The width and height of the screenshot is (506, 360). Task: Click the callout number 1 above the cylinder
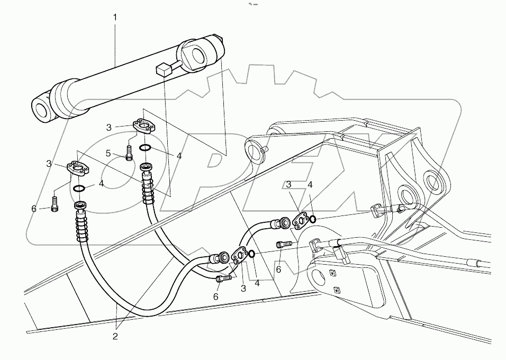[115, 17]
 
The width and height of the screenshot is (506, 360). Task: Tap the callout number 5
[108, 154]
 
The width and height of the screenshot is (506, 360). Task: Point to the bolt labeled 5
[129, 152]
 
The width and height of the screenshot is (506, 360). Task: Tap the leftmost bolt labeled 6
[54, 203]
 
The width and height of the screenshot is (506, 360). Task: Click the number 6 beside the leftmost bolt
[34, 209]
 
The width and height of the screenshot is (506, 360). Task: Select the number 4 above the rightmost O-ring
[310, 185]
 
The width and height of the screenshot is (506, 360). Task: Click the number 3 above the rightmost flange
[288, 185]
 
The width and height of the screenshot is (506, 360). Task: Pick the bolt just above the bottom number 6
[224, 279]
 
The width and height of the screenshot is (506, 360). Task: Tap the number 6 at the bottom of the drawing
[215, 297]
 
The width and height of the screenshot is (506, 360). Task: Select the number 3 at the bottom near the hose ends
[244, 289]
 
